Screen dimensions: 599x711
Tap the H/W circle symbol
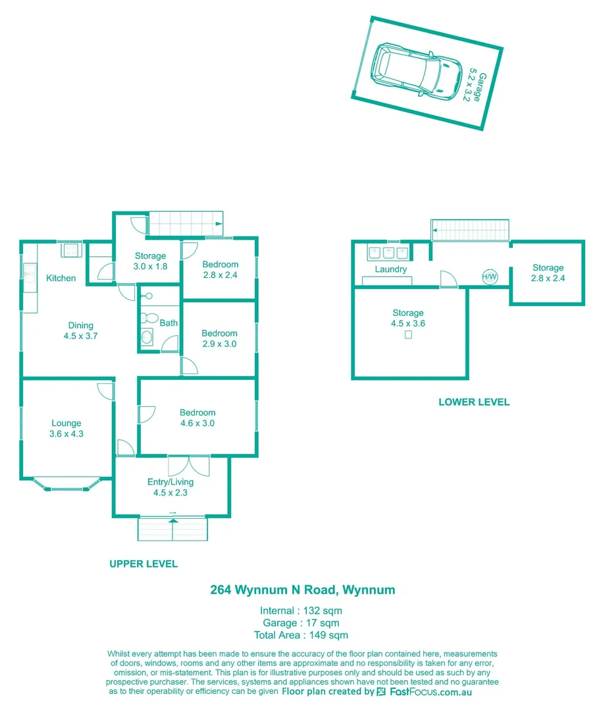pos(490,277)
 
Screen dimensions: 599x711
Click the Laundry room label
pos(391,269)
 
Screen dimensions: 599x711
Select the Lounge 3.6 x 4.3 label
pos(66,429)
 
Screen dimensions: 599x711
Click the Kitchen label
pos(61,278)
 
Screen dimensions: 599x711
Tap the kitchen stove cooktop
pos(70,250)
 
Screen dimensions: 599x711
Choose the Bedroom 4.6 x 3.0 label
pos(197,418)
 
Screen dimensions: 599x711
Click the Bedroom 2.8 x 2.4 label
pos(220,270)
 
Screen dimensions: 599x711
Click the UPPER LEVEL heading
pos(143,564)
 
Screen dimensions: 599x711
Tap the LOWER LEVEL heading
pos(474,402)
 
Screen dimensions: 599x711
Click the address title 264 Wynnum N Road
pos(302,590)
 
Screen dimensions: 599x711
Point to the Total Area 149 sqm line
pos(301,635)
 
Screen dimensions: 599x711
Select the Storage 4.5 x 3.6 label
pos(407,318)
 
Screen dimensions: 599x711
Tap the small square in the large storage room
pos(408,335)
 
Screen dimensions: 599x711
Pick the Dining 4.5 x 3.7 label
pos(81,330)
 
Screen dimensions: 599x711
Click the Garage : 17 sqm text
pos(301,622)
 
